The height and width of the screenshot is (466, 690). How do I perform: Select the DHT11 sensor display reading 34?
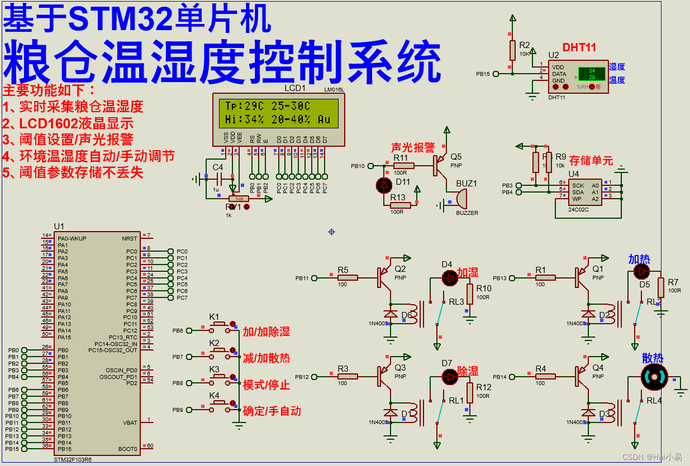[591, 70]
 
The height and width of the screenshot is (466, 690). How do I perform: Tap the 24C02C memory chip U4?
[585, 191]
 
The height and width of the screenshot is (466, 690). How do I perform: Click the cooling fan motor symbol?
[654, 377]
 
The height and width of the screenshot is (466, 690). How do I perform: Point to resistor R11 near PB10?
[403, 166]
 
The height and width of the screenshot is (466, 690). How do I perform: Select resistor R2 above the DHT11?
[512, 50]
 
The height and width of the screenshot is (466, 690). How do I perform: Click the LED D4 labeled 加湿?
[450, 277]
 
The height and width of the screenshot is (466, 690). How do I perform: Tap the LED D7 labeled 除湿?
[450, 377]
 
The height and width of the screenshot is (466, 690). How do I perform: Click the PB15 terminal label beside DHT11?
[483, 74]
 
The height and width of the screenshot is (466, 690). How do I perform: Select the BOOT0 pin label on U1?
[129, 449]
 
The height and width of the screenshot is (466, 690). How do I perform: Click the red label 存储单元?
[591, 161]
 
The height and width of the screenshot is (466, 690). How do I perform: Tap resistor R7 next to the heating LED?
[661, 288]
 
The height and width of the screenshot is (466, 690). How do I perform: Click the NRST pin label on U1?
[129, 238]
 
